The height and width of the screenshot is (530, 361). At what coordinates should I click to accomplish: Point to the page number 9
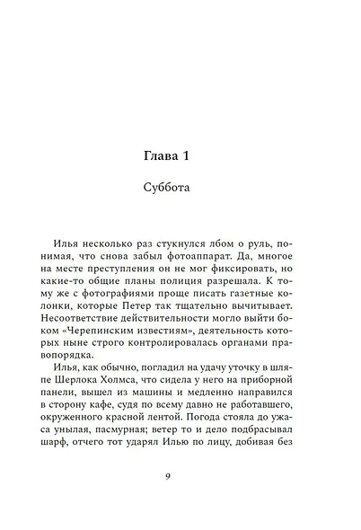tap(180, 476)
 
